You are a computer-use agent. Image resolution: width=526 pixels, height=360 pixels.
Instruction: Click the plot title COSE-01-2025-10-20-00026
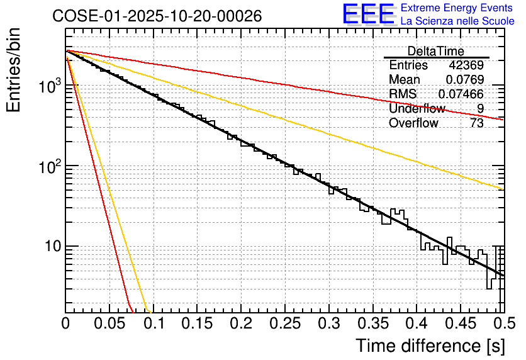[x=157, y=16]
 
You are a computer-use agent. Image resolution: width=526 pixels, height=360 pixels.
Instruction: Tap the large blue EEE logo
[x=369, y=14]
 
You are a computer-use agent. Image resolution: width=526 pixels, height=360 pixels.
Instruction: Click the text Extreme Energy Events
[x=457, y=8]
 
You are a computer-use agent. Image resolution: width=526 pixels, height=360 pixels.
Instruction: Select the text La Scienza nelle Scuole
[x=457, y=21]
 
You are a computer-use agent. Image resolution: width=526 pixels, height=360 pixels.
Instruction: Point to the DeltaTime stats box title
[x=435, y=51]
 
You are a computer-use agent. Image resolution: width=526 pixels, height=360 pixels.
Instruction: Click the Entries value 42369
[x=466, y=65]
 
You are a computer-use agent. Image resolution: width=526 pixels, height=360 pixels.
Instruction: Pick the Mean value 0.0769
[x=464, y=80]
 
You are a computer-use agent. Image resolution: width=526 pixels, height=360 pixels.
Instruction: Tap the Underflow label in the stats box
[x=417, y=109]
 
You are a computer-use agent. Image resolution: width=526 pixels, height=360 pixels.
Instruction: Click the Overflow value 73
[x=476, y=123]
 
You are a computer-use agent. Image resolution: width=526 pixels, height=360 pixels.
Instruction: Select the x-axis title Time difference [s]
[x=428, y=346]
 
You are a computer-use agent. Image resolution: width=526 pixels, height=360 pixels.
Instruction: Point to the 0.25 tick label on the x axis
[x=284, y=325]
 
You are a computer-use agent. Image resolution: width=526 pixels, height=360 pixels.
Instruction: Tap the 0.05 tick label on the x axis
[x=109, y=325]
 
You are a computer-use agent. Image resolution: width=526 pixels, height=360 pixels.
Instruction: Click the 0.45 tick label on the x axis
[x=459, y=325]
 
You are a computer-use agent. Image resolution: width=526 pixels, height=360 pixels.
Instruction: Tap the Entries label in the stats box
[x=408, y=65]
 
